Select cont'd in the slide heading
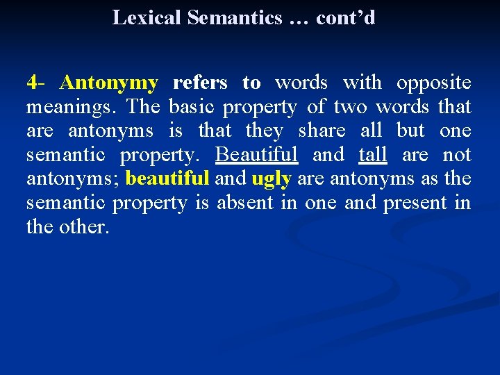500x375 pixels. pyautogui.click(x=345, y=17)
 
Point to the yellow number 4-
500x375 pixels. pyautogui.click(x=35, y=83)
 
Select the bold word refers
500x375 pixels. pyautogui.click(x=200, y=83)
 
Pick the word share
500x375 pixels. pyautogui.click(x=322, y=131)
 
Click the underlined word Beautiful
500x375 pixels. pyautogui.click(x=257, y=154)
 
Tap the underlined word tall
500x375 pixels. pyautogui.click(x=372, y=154)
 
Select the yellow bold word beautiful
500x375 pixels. pyautogui.click(x=167, y=178)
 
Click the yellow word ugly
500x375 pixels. pyautogui.click(x=271, y=179)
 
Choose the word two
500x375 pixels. pyautogui.click(x=351, y=108)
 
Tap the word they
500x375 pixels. pyautogui.click(x=265, y=131)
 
